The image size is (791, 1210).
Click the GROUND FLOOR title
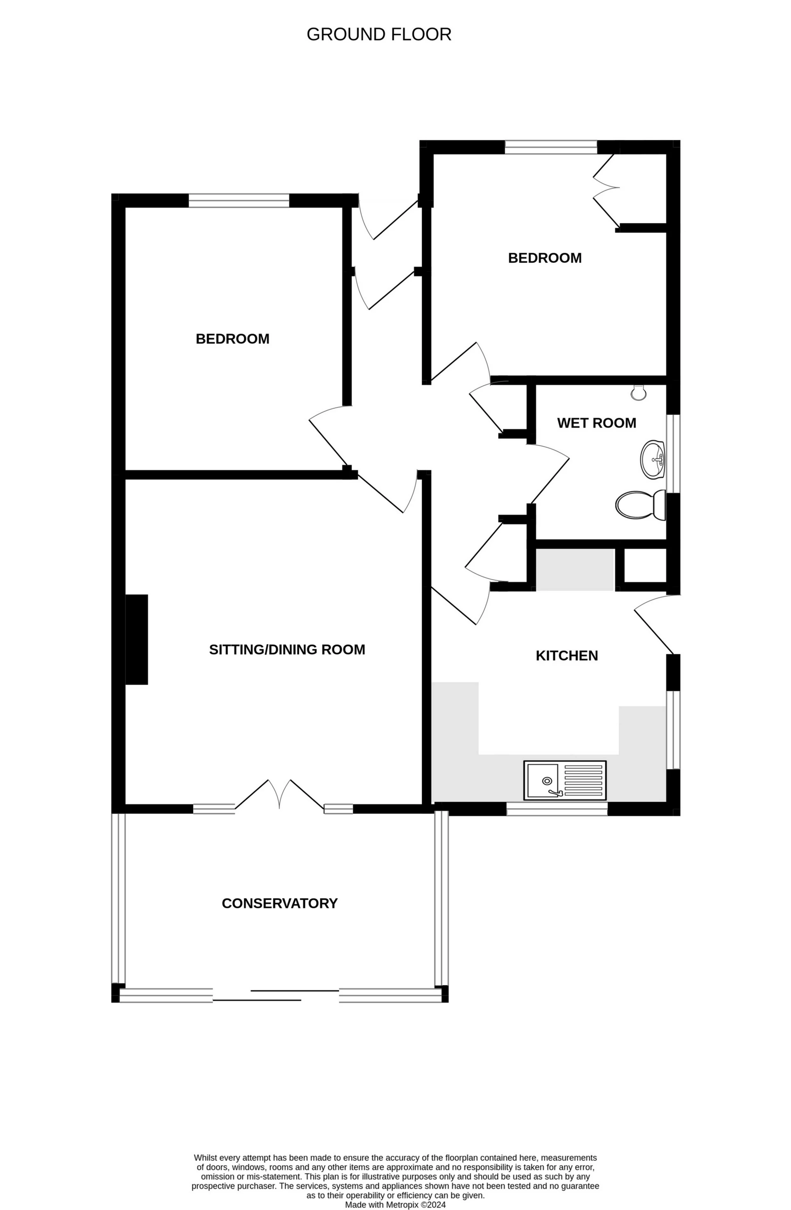pyautogui.click(x=379, y=35)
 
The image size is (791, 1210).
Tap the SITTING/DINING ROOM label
pyautogui.click(x=287, y=650)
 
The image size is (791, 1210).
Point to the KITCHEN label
pyautogui.click(x=566, y=656)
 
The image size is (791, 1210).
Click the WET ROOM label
pyautogui.click(x=596, y=423)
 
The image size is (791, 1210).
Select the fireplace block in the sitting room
pyautogui.click(x=136, y=639)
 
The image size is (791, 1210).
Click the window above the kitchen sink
pyautogui.click(x=557, y=809)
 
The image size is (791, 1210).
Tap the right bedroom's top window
pyautogui.click(x=550, y=147)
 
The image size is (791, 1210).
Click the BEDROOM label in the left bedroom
pyautogui.click(x=232, y=339)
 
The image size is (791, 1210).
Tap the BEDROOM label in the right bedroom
pyautogui.click(x=544, y=258)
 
